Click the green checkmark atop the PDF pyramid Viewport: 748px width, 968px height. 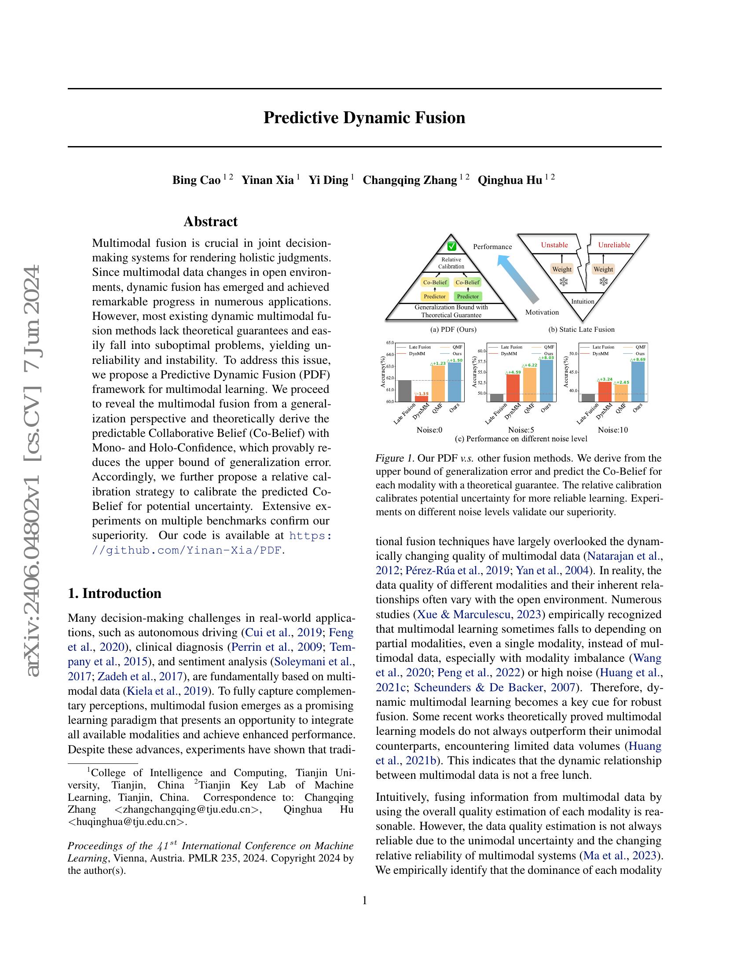tap(451, 246)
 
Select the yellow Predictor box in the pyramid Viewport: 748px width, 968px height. tap(434, 297)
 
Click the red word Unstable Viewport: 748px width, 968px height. tap(554, 245)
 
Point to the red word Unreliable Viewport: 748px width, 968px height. tap(614, 245)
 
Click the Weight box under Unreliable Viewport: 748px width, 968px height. tap(603, 269)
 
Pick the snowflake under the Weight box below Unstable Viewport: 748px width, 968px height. tap(564, 282)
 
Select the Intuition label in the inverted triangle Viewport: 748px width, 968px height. tap(582, 301)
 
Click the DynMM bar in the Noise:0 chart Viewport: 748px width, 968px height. tap(422, 399)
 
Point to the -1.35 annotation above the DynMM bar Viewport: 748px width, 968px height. tap(422, 394)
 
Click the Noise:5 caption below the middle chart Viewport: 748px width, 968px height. tap(521, 429)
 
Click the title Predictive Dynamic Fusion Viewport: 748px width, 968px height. tap(364, 118)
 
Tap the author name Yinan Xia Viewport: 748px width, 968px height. tap(267, 180)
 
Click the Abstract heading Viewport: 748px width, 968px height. tap(210, 222)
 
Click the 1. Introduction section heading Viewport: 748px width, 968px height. tap(114, 593)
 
